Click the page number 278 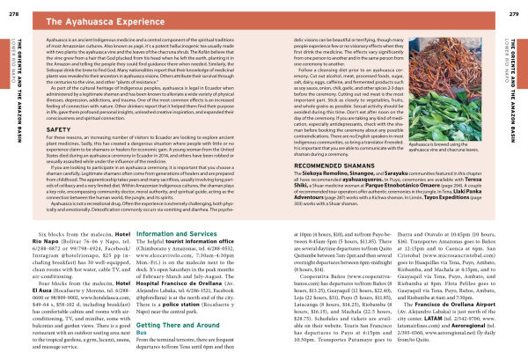pyautogui.click(x=11, y=7)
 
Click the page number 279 pyautogui.click(x=516, y=7)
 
